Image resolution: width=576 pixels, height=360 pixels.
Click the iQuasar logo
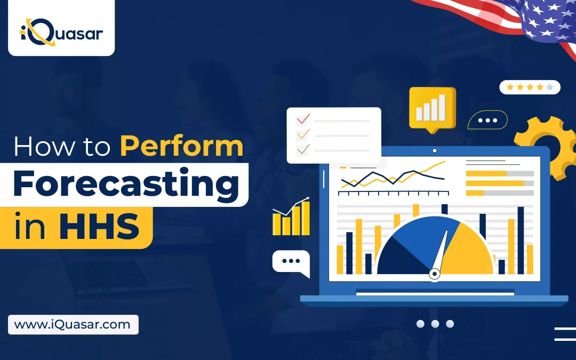(61, 33)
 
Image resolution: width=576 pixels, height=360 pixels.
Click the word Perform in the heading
(181, 147)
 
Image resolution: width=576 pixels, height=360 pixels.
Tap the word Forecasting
(126, 184)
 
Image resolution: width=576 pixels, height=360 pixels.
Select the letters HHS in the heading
(99, 227)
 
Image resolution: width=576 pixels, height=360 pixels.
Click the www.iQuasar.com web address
(73, 325)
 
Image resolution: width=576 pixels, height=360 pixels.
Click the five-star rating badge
(530, 87)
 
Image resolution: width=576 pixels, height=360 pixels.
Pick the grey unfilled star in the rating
(549, 87)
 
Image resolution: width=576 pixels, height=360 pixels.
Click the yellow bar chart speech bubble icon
(433, 109)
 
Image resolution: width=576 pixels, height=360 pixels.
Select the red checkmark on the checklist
(303, 119)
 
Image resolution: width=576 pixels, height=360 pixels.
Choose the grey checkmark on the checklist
(303, 149)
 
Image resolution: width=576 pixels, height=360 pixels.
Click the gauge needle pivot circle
(435, 274)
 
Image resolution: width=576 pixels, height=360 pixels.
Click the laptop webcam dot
(435, 150)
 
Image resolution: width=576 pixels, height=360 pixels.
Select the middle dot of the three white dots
(435, 324)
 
